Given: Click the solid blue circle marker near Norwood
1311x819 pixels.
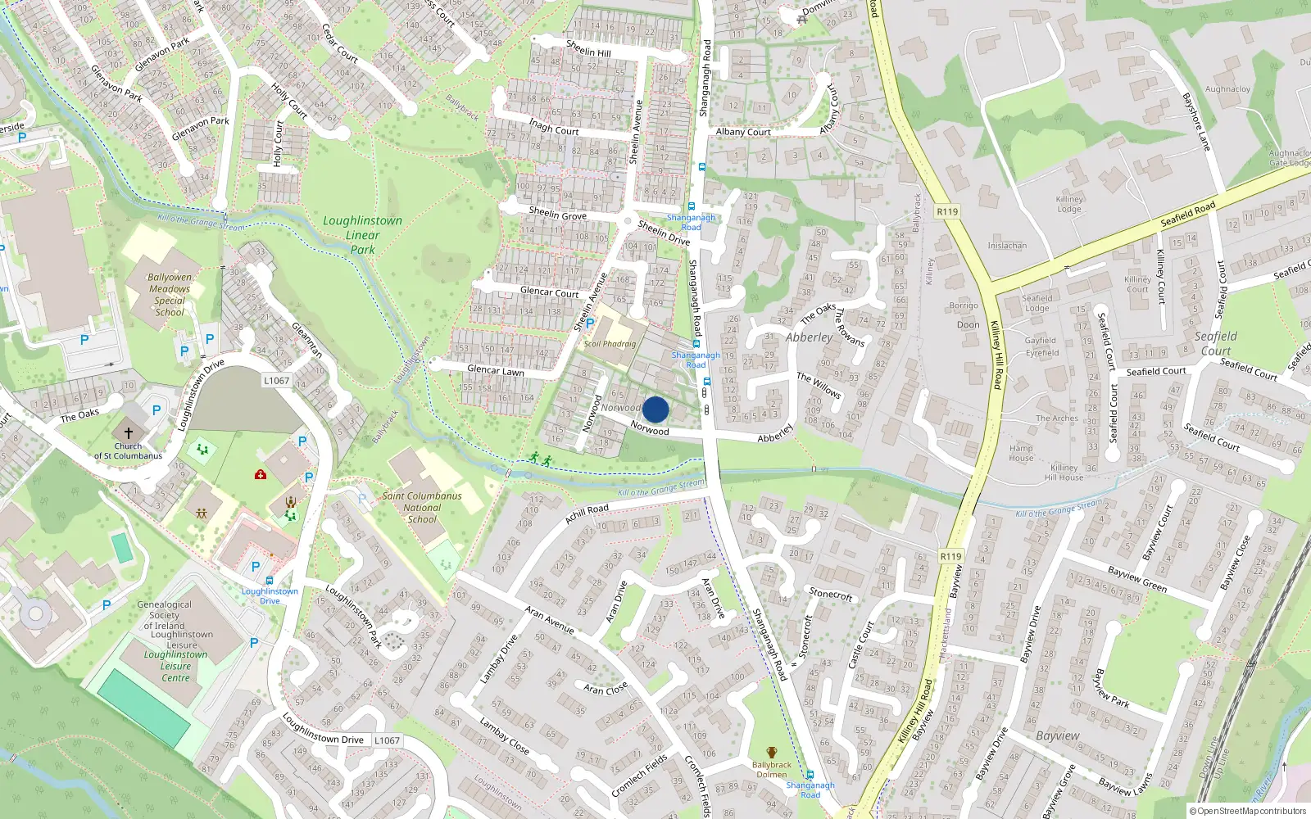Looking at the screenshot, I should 655,409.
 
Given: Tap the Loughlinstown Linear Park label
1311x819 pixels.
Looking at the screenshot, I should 362,235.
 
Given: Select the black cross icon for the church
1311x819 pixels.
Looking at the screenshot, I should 128,432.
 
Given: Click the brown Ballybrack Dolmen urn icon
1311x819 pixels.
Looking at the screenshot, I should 771,753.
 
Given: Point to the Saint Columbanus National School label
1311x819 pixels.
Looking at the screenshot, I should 422,507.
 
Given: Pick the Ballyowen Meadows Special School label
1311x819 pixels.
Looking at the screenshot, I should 170,294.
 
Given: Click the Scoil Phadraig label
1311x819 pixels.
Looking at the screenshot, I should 610,344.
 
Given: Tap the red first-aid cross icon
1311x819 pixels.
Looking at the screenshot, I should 261,474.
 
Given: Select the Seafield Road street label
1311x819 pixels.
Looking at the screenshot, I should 1188,215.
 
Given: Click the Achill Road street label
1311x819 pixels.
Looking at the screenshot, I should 587,514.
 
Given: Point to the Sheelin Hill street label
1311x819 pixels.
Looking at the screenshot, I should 588,48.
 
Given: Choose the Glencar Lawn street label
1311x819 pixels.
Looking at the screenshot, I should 495,370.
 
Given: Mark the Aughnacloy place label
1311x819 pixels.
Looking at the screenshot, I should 1227,89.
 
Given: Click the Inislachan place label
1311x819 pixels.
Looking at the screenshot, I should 1007,246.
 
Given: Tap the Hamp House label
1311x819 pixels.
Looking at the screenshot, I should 1021,453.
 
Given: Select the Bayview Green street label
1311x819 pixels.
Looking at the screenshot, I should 1137,579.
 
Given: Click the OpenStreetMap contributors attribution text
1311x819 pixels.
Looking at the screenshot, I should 1249,811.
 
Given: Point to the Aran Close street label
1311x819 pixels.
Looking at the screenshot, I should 606,689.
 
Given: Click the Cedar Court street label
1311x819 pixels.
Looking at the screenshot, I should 339,43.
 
